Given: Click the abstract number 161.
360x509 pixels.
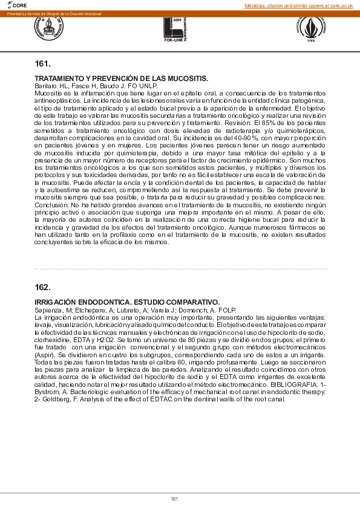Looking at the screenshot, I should point(42,63).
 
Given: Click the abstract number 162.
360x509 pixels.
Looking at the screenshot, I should point(42,287).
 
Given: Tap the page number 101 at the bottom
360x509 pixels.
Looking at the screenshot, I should point(174,499).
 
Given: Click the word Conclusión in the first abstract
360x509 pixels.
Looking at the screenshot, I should point(52,205).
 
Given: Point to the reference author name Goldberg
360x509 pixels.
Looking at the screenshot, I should point(55,400).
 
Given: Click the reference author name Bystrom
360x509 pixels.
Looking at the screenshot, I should point(48,392).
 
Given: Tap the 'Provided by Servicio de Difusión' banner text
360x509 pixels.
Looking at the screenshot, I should point(54,13).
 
